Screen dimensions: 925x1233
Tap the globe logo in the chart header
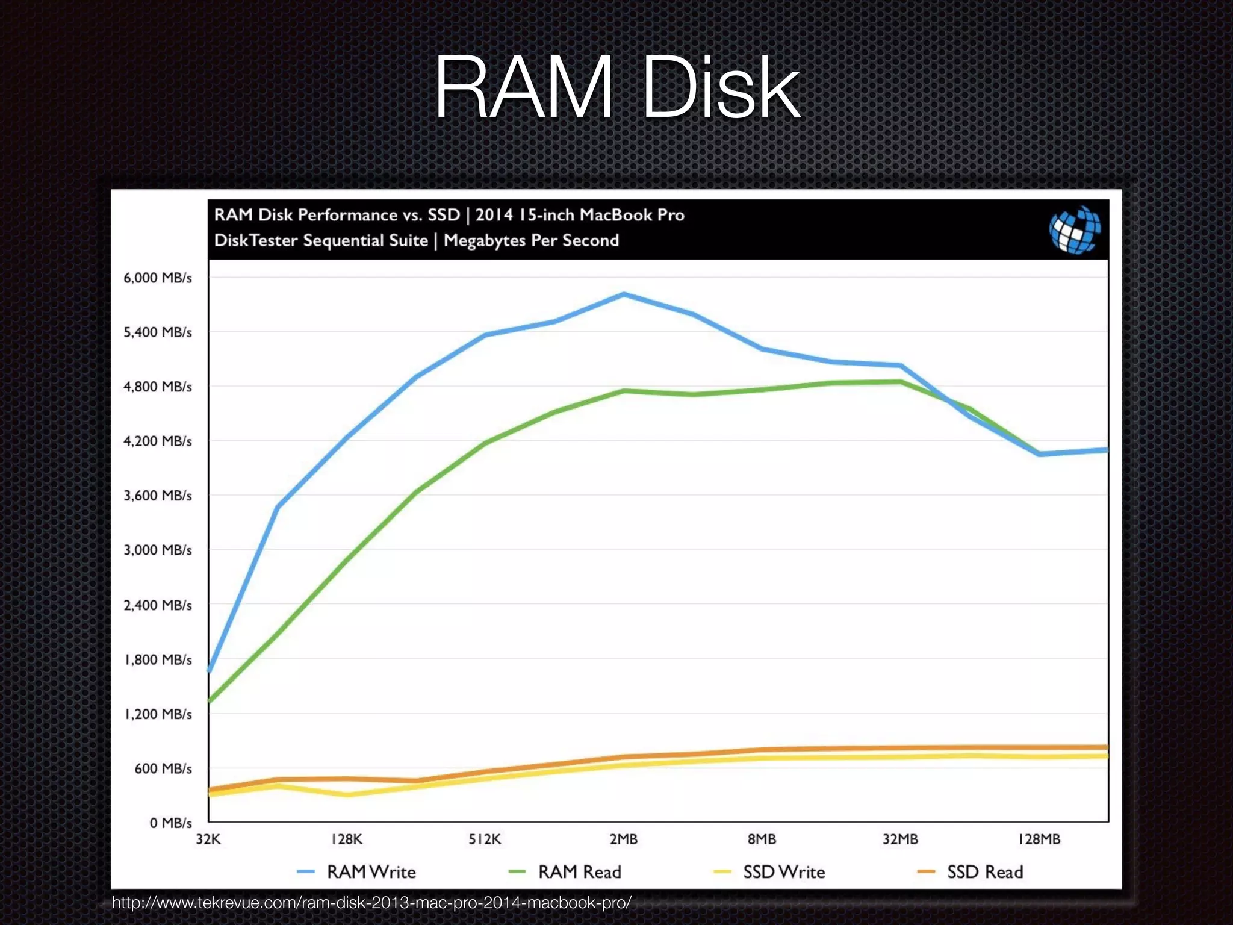[1075, 229]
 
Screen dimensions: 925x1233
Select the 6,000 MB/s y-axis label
[158, 278]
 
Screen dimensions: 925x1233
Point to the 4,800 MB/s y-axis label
[158, 387]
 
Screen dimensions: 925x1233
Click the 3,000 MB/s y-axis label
[158, 550]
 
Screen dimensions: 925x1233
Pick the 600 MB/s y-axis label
[163, 768]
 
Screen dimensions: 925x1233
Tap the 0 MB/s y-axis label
[171, 823]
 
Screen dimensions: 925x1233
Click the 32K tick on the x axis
[208, 839]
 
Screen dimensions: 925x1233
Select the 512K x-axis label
[485, 839]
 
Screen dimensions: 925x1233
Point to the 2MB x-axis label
[623, 839]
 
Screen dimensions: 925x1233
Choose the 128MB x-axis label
[1039, 839]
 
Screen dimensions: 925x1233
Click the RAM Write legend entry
[371, 872]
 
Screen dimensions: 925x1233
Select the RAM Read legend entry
[579, 872]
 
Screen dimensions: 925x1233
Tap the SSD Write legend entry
[783, 872]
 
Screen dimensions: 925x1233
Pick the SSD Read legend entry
[985, 872]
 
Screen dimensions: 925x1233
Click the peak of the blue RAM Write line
[624, 294]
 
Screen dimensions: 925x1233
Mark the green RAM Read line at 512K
[485, 443]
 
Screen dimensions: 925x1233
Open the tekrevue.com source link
[371, 903]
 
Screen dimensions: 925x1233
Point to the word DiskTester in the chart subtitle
[256, 240]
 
